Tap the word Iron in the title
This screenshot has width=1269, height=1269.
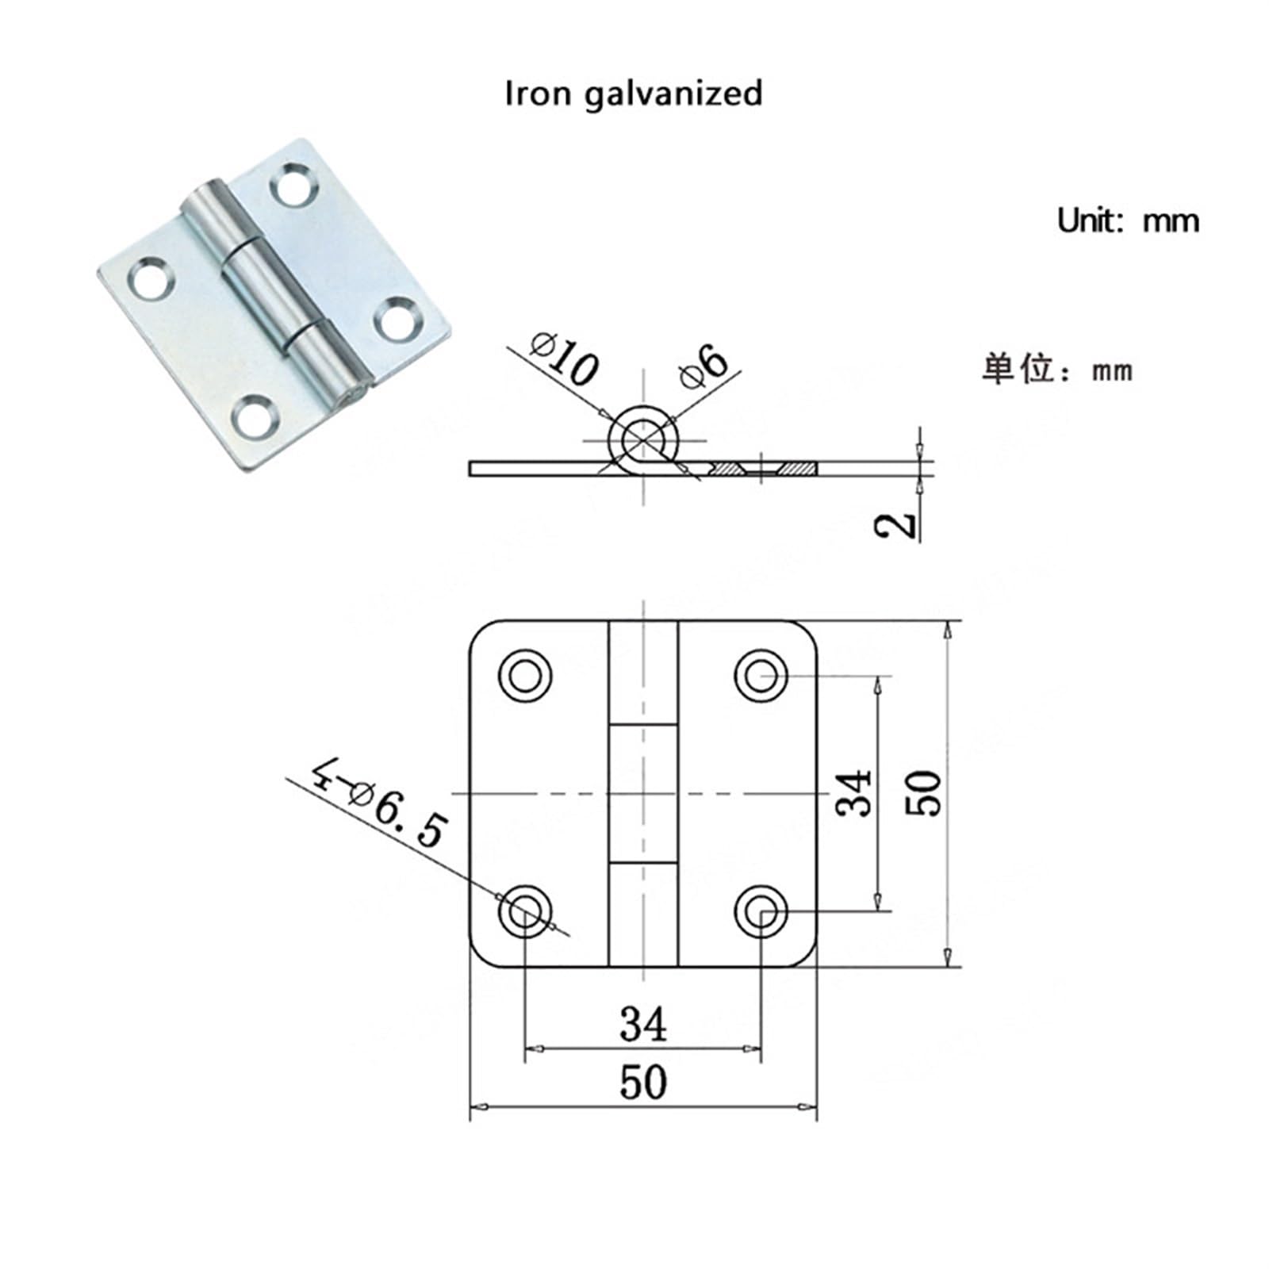coord(539,93)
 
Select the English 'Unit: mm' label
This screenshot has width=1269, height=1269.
coord(1128,220)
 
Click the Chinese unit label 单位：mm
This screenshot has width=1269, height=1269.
coord(1057,370)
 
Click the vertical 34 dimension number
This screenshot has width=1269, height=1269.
coord(855,793)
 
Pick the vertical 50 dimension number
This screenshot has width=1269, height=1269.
coord(924,793)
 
